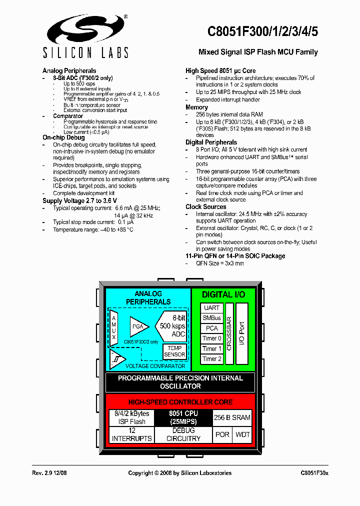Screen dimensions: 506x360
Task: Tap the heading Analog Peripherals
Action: click(69, 71)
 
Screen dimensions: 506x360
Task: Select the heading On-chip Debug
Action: click(63, 137)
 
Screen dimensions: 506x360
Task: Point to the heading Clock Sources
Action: click(206, 207)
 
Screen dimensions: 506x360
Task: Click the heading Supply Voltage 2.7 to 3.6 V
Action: click(79, 200)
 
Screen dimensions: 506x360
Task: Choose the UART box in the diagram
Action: click(211, 308)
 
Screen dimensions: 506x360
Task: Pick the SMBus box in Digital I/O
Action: click(211, 318)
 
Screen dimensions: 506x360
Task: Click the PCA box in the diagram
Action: click(211, 328)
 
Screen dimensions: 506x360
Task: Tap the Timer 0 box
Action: click(211, 338)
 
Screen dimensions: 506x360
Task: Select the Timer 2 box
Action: click(211, 359)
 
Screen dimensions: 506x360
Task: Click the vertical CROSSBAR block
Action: click(229, 333)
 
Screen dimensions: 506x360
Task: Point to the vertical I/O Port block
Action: click(242, 333)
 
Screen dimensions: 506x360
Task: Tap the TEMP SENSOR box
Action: click(174, 351)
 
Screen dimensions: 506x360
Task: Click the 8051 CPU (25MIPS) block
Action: click(183, 417)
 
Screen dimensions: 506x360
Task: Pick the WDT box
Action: click(242, 434)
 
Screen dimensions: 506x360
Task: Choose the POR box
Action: click(222, 434)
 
